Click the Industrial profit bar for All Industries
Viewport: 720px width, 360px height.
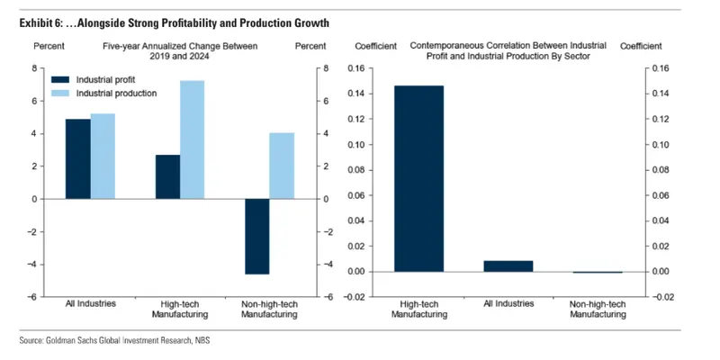[x=78, y=158]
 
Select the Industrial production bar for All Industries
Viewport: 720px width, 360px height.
[x=103, y=156]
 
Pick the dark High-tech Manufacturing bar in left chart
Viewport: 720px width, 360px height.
[x=167, y=176]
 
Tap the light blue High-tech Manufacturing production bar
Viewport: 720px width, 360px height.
[x=193, y=139]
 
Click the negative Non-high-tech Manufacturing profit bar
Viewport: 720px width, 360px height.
[x=257, y=236]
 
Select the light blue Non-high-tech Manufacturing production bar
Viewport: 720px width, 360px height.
[x=283, y=166]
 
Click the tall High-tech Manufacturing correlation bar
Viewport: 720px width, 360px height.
[x=418, y=178]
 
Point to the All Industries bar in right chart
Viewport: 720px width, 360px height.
[x=508, y=265]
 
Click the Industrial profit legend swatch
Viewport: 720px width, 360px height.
[x=60, y=80]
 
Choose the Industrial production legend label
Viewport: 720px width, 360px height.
[x=116, y=93]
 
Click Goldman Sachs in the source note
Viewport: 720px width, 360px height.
[x=78, y=341]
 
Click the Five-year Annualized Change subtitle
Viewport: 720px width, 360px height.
[x=180, y=45]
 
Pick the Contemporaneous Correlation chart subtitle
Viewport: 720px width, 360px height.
[x=508, y=45]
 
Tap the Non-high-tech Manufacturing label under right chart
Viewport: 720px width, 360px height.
[x=598, y=309]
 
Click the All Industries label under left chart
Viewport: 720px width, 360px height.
[x=91, y=303]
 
